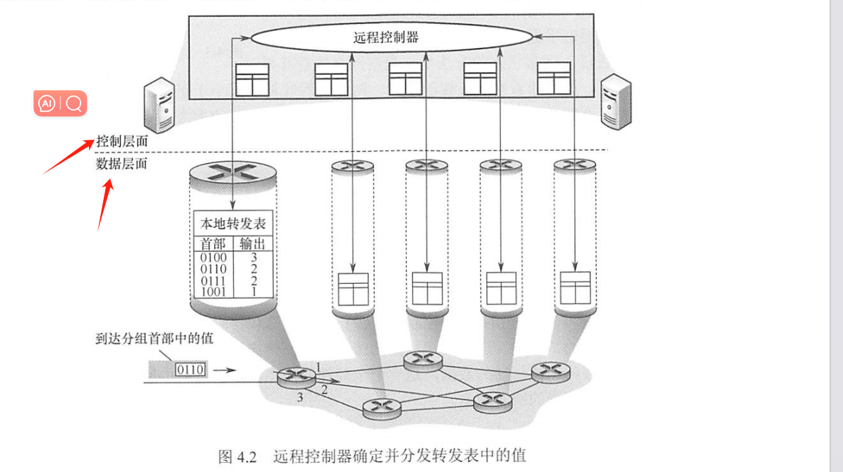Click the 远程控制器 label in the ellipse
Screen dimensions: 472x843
386,37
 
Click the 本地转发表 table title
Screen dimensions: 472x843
233,226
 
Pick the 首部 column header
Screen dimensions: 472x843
212,244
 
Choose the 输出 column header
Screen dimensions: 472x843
253,244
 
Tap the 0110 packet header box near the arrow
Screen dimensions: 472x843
189,369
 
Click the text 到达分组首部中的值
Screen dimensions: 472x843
154,339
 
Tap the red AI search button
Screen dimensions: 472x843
60,104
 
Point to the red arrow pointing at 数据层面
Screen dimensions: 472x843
105,205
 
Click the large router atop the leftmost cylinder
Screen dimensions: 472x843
232,173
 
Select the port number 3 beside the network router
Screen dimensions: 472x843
299,398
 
